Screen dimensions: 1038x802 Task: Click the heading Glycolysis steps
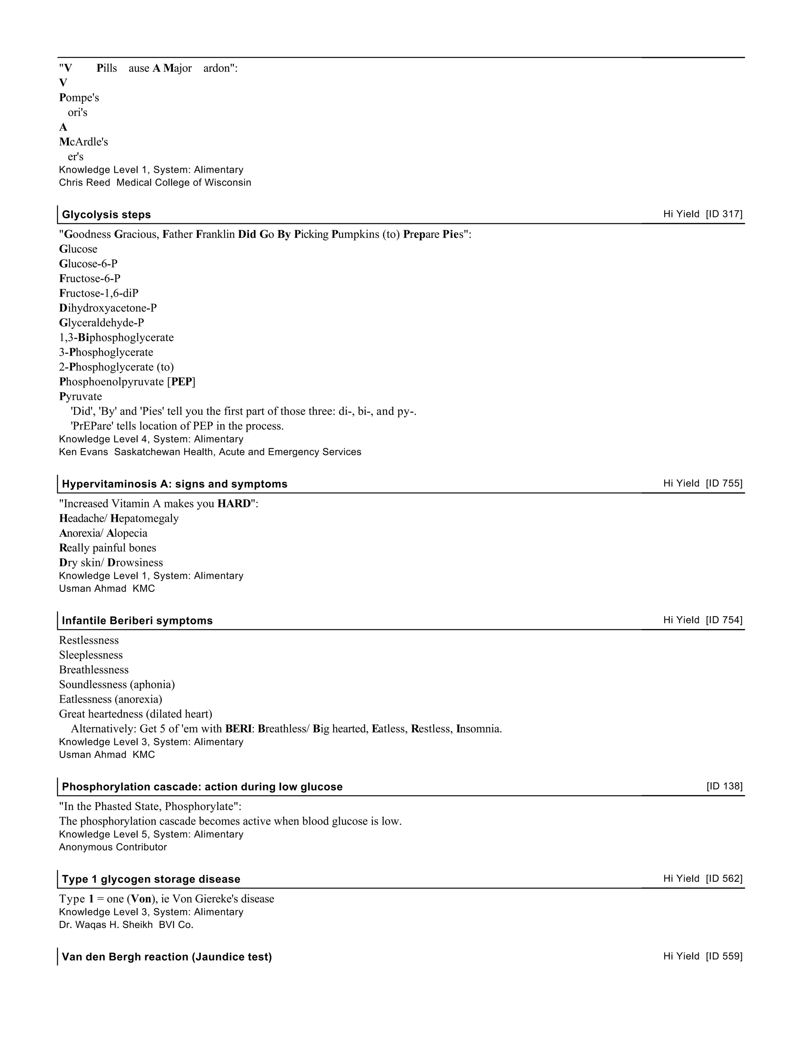coord(107,214)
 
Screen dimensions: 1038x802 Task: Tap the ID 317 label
coord(724,214)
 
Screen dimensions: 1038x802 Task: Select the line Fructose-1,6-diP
coord(99,293)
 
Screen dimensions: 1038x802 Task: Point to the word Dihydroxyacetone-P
coord(108,308)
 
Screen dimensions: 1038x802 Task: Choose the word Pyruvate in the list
coord(80,396)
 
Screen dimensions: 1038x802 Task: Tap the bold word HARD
coord(234,504)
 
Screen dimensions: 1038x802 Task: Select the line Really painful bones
coord(107,548)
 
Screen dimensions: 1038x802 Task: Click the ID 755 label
coord(724,483)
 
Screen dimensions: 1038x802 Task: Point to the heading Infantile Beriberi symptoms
coord(137,621)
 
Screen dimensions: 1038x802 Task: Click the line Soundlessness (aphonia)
coord(117,684)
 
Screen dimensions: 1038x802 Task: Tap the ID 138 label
coord(724,786)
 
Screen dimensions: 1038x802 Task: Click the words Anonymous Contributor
coord(113,847)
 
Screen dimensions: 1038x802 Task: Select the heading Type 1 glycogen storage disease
coord(151,879)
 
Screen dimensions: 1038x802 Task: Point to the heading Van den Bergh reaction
coord(167,957)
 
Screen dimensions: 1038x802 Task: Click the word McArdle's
coord(84,142)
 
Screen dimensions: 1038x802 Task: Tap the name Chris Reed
coord(85,183)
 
